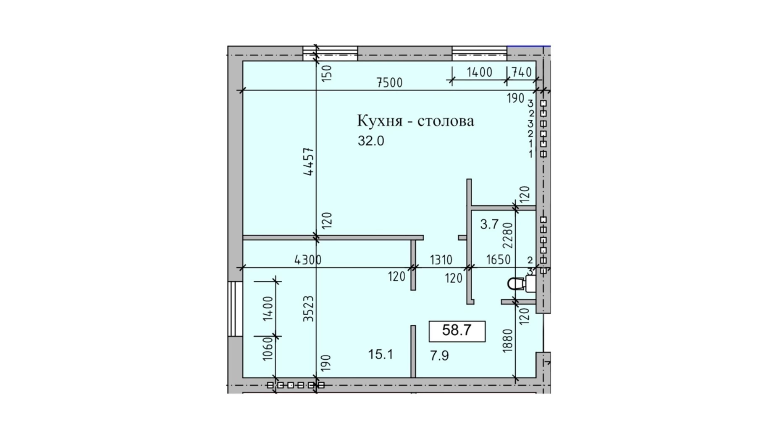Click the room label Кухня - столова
[x=415, y=121]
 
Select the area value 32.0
[x=371, y=141]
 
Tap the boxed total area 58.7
[x=457, y=330]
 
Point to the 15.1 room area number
[x=381, y=354]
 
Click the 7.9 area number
[x=439, y=355]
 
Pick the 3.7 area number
[x=489, y=224]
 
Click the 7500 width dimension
[x=389, y=82]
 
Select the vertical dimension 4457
[x=309, y=161]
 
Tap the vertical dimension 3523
[x=309, y=309]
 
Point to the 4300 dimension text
[x=308, y=260]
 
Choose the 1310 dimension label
[x=441, y=260]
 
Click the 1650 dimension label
[x=499, y=260]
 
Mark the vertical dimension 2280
[x=508, y=235]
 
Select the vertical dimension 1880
[x=508, y=341]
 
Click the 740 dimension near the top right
[x=521, y=72]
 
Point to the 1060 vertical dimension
[x=268, y=349]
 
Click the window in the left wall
[x=235, y=309]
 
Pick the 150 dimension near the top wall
[x=327, y=73]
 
